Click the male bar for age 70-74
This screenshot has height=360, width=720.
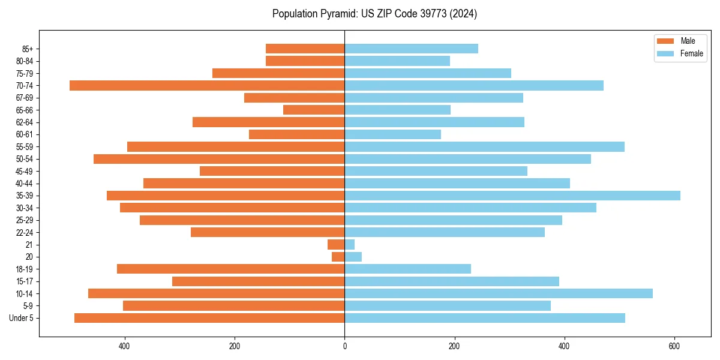[x=207, y=86]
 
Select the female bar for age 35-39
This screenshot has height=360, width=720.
[x=512, y=196]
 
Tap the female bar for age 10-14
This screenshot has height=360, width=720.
[x=499, y=293]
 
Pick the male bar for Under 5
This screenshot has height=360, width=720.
[x=209, y=318]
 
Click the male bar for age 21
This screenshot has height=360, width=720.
[x=336, y=245]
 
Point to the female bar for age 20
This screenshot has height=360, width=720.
[x=353, y=257]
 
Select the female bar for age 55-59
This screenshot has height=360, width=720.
[x=484, y=147]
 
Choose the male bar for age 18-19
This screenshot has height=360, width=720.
[x=230, y=269]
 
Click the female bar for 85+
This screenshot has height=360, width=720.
[x=411, y=49]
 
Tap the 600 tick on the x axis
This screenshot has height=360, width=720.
[x=674, y=346]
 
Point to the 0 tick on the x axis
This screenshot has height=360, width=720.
[x=344, y=346]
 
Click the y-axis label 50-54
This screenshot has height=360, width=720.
[x=25, y=159]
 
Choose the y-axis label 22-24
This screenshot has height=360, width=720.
[x=25, y=232]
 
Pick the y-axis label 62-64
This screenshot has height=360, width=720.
[x=25, y=122]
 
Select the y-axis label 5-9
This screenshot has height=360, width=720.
[x=28, y=306]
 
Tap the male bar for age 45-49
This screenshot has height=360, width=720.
[x=272, y=171]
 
